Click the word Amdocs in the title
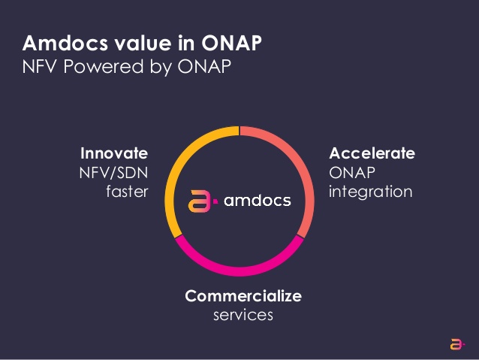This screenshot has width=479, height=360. pos(65,43)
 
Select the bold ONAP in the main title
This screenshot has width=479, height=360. pos(231,43)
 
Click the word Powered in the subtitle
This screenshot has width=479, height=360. pos(104,66)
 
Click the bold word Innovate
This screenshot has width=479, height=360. pos(114,153)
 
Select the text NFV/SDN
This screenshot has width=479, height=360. pos(113,173)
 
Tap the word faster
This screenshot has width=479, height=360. pos(127,192)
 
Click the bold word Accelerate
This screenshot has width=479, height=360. pos(372,153)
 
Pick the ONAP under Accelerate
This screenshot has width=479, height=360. pos(352,173)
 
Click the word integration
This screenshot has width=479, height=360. pos(371,192)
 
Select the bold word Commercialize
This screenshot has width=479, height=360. pos(243,296)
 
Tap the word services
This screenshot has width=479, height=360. pos(243,316)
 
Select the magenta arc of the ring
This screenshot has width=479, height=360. pos(239,271)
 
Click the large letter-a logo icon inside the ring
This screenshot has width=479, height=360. pos(200,201)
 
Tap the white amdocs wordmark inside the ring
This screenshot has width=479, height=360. pos(258,201)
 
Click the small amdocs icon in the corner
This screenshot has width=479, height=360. pos(456,344)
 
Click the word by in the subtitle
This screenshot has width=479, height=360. pos(161,67)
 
